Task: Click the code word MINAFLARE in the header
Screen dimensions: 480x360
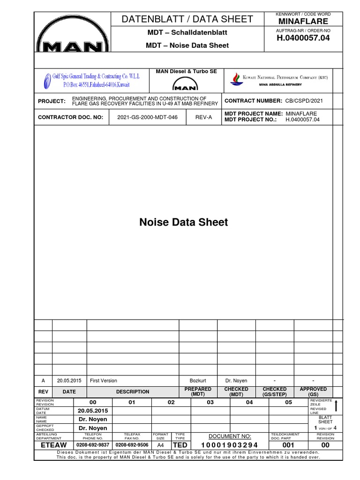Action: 304,22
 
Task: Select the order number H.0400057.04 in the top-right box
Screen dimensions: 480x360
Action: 304,38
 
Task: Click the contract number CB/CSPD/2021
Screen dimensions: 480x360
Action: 310,101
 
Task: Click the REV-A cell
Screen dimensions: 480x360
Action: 203,117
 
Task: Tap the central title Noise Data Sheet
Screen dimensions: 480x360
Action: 184,222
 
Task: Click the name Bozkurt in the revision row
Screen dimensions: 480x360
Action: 197,381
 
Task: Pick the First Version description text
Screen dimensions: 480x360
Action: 104,381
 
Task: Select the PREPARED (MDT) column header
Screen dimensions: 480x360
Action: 198,392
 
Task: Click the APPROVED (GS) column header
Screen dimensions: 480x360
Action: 313,392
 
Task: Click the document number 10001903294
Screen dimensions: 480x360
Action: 230,445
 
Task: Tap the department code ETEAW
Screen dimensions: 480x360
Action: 54,445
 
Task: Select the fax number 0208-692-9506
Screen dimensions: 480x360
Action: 132,445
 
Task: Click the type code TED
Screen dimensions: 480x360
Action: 180,445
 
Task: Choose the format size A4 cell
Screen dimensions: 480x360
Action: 161,445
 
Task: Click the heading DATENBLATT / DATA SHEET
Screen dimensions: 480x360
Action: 187,19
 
